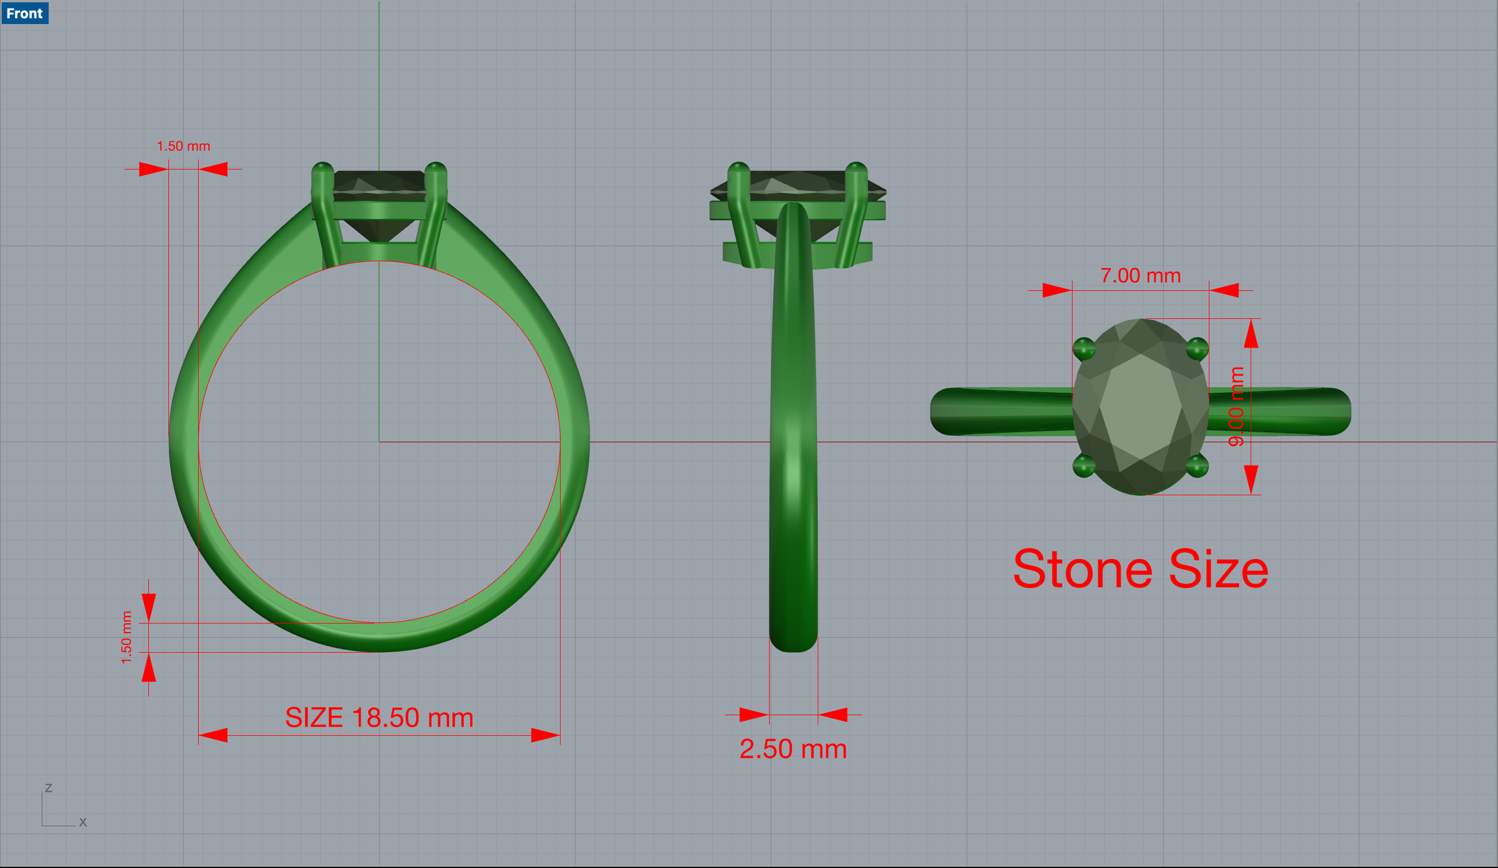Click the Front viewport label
25,13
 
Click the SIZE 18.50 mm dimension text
379,717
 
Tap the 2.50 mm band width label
793,749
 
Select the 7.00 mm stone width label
1140,276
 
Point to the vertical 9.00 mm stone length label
1236,407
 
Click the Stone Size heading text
1140,570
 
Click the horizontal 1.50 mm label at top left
183,146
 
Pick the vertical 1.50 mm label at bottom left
126,637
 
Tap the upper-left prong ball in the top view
1083,348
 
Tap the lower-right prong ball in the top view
1197,465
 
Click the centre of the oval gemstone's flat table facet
1140,407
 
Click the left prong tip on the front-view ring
322,169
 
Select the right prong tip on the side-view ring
856,169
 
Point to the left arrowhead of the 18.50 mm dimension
213,735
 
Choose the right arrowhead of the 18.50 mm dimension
545,735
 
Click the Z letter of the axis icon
49,788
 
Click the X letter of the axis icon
82,822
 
